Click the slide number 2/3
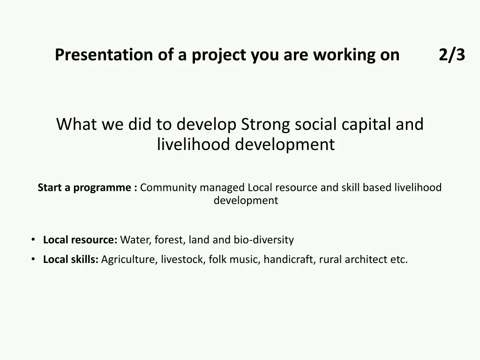[452, 55]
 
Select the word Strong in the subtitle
[265, 125]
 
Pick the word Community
[168, 188]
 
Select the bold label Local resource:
[80, 240]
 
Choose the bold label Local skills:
[71, 259]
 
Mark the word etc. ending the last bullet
[399, 259]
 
